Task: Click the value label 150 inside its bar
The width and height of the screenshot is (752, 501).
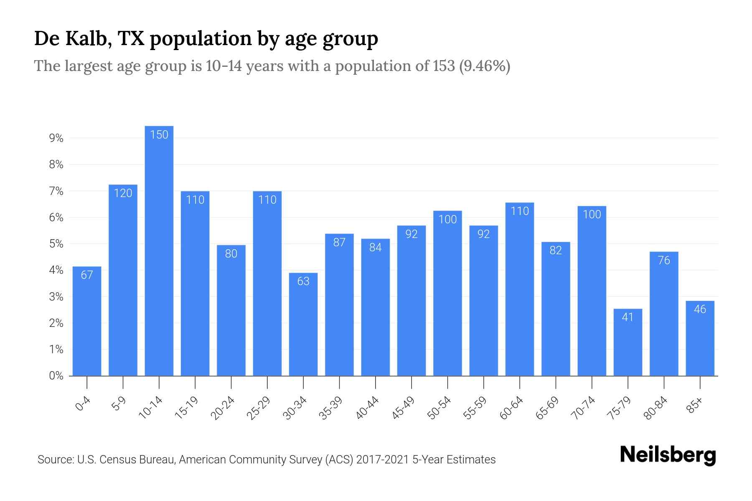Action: point(159,135)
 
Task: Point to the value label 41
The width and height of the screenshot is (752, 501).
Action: point(628,317)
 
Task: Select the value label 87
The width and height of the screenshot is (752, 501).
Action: point(339,242)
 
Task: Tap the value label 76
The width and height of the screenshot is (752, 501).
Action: point(664,261)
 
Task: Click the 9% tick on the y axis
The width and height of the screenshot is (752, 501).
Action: point(56,138)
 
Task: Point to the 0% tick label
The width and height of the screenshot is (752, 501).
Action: point(56,376)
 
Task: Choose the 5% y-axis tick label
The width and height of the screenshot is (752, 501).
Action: point(56,244)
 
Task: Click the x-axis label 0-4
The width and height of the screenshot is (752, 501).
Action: point(83,404)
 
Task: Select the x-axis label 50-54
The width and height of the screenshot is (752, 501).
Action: point(439,408)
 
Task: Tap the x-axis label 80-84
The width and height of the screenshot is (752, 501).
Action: point(655,408)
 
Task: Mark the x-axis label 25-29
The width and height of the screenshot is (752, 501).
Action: point(259,408)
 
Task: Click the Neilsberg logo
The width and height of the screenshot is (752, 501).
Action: point(668,455)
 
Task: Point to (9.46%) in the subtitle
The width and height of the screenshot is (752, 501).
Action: point(485,66)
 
